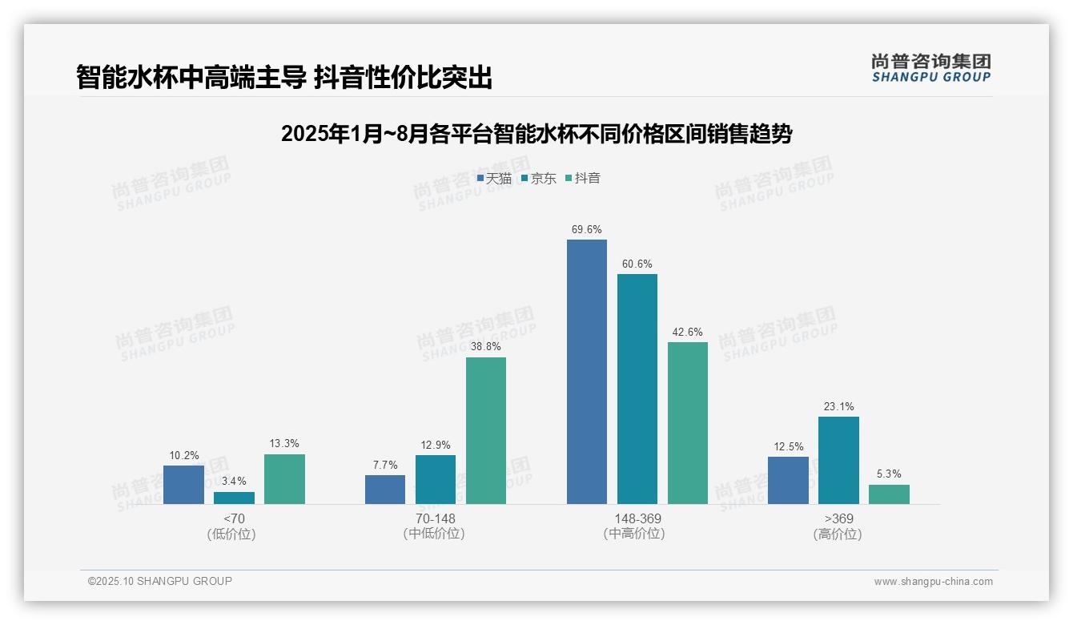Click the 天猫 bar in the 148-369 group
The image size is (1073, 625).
586,372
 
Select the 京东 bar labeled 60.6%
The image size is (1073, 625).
637,389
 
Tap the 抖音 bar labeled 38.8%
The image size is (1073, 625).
486,430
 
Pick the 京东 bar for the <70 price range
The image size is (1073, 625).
234,498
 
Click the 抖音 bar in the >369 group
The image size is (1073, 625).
889,494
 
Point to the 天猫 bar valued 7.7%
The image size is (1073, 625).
385,490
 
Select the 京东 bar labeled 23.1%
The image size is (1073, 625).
838,460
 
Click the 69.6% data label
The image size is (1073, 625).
586,229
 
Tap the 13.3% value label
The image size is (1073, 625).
284,444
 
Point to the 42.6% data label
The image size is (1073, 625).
687,332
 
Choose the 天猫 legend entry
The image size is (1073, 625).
494,178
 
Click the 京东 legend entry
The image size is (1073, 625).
538,178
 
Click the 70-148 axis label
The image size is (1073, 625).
435,518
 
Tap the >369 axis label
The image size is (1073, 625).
838,518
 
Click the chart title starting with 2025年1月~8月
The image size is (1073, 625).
536,134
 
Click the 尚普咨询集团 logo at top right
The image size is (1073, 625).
930,67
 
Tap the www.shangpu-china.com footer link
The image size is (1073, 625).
933,582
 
